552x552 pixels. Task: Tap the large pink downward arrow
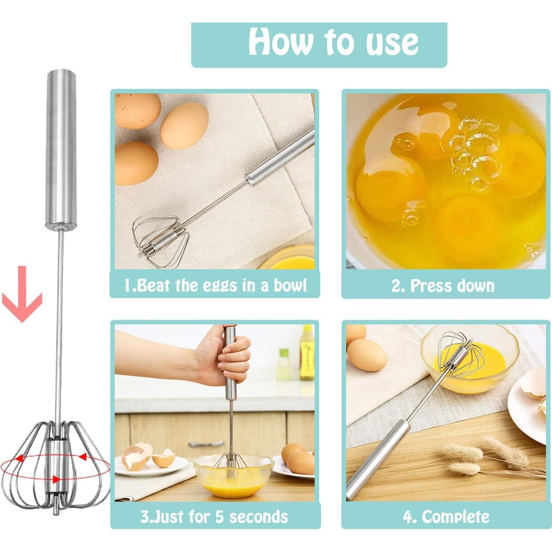pos(22,296)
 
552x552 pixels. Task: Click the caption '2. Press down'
pos(443,286)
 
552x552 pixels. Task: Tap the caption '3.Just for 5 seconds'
pos(214,516)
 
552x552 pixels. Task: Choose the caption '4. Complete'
pos(446,517)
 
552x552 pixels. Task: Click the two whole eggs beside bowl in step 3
pos(298,457)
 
